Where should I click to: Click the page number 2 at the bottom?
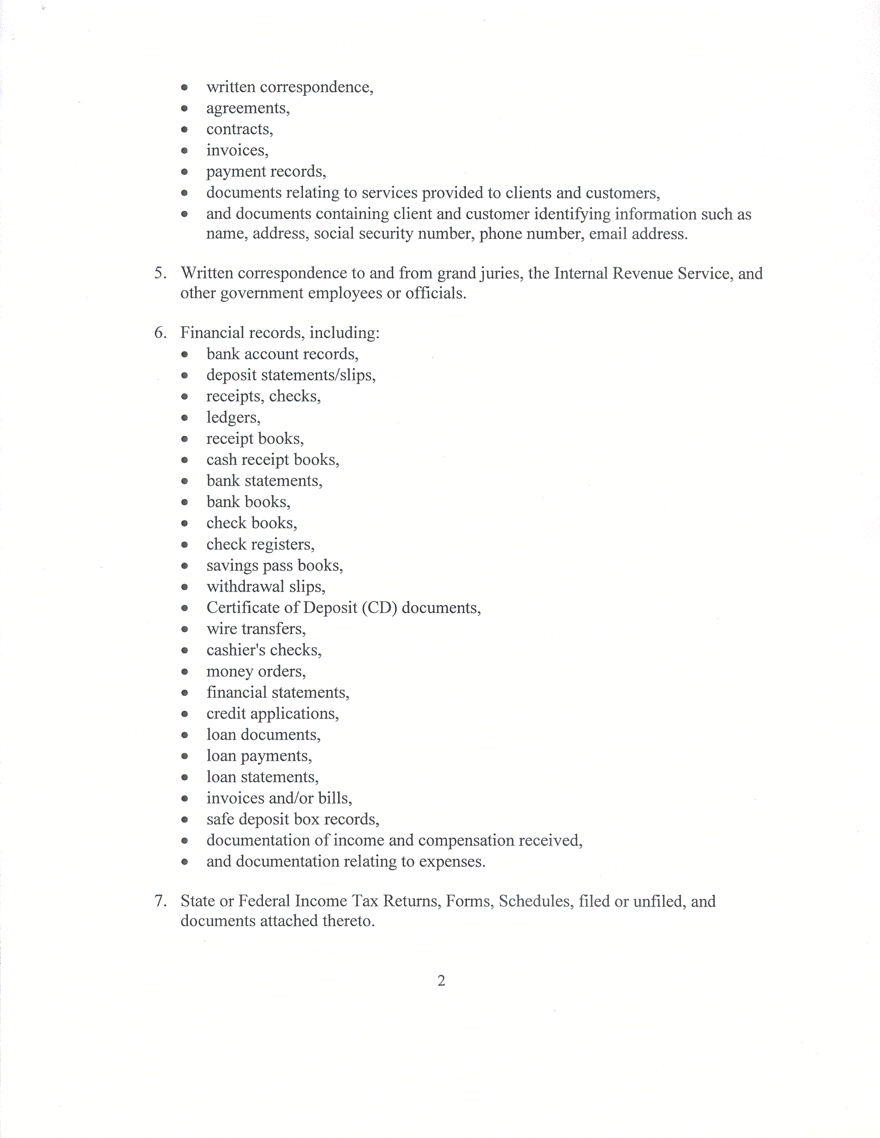click(x=442, y=981)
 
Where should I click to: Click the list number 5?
click(x=160, y=273)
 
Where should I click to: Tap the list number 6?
click(x=160, y=332)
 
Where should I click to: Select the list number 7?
click(x=160, y=901)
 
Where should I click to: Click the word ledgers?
click(x=233, y=418)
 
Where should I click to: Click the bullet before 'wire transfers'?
click(x=184, y=630)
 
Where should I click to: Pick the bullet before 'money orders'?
click(x=184, y=672)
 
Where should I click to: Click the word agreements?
click(x=247, y=108)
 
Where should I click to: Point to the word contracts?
click(x=239, y=129)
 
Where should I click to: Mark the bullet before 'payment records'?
click(x=184, y=171)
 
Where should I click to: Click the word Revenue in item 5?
click(x=643, y=273)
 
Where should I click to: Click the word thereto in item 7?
click(x=348, y=921)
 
